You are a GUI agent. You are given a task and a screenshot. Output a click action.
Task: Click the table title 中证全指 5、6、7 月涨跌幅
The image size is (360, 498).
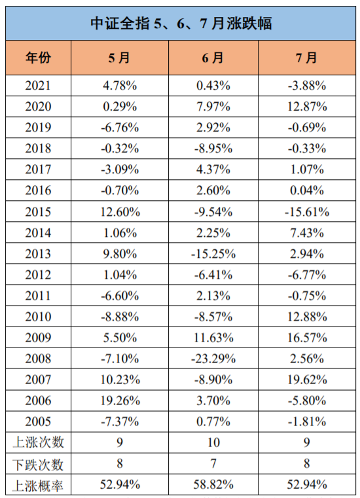(x=181, y=24)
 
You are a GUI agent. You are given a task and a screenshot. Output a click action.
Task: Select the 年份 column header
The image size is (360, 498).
(x=38, y=58)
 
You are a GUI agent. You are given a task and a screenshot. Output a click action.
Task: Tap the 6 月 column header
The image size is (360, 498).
(x=213, y=58)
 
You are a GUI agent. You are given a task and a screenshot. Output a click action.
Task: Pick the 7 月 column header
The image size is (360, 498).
(x=306, y=58)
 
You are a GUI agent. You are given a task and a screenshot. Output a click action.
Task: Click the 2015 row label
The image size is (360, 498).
(x=38, y=212)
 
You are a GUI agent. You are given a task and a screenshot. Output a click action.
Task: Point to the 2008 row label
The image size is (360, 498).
(x=38, y=359)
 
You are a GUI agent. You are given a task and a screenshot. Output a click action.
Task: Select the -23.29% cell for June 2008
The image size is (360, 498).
(x=213, y=359)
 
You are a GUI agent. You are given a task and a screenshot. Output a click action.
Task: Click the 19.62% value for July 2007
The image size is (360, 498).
(x=307, y=380)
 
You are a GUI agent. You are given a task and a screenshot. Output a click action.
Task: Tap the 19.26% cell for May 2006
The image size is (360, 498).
(x=120, y=400)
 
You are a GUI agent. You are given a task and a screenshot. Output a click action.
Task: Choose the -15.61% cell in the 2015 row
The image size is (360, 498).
(x=307, y=212)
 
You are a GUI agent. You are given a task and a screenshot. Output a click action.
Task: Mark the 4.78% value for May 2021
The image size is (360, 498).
(x=120, y=86)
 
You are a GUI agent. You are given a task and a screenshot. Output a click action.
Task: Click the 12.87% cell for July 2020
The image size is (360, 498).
(x=307, y=107)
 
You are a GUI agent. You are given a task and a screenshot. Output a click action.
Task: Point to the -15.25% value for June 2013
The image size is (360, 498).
(x=213, y=254)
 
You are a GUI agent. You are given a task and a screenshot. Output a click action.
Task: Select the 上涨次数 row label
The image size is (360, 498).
(x=38, y=442)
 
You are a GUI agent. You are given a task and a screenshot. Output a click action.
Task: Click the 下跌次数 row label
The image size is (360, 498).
(x=38, y=464)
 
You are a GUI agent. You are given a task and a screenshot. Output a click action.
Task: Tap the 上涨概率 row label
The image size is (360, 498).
(x=38, y=485)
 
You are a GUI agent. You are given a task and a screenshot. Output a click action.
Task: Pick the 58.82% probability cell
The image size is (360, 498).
(x=213, y=484)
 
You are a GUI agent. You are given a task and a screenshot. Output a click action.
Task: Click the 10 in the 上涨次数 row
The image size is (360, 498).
(x=213, y=442)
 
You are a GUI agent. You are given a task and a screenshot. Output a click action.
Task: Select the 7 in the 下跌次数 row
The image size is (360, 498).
(x=213, y=463)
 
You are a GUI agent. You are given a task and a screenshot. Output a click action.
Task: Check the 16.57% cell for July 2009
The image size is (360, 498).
(x=307, y=338)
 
